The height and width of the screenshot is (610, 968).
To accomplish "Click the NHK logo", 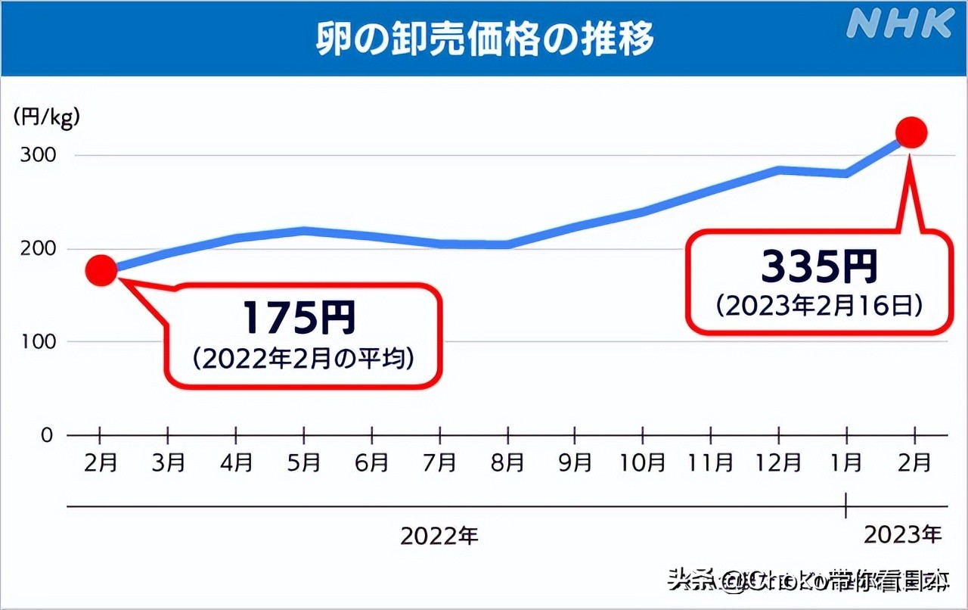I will pos(900,23).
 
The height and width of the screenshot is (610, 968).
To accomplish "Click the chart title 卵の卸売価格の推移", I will pos(484,39).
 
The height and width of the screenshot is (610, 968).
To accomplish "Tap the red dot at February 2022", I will pos(101,270).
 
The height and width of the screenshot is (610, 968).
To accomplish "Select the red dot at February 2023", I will pos(911,133).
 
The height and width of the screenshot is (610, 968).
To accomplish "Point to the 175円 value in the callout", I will pos(299,318).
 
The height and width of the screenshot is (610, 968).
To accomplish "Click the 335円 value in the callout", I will pos(819,266).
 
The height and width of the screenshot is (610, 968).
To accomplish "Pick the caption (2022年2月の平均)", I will pos(302,359).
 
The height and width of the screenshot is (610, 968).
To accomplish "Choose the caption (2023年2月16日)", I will pos(820,305).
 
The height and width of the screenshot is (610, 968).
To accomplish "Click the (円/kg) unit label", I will pos(46,117).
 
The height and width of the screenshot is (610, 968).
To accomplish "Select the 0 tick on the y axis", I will pos(47,435).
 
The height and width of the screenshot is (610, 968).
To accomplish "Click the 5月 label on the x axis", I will pos(304,462).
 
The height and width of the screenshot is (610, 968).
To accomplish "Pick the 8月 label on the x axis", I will pos(507,462).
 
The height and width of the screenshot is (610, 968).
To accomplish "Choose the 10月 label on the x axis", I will pos(642,462).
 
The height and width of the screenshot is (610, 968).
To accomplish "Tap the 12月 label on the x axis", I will pos(778,462).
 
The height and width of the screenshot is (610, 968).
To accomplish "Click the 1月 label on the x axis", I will pos(846,462).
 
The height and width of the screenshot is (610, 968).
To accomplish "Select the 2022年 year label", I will pos(439,536).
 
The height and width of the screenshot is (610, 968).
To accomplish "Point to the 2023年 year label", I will pos(902,534).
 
